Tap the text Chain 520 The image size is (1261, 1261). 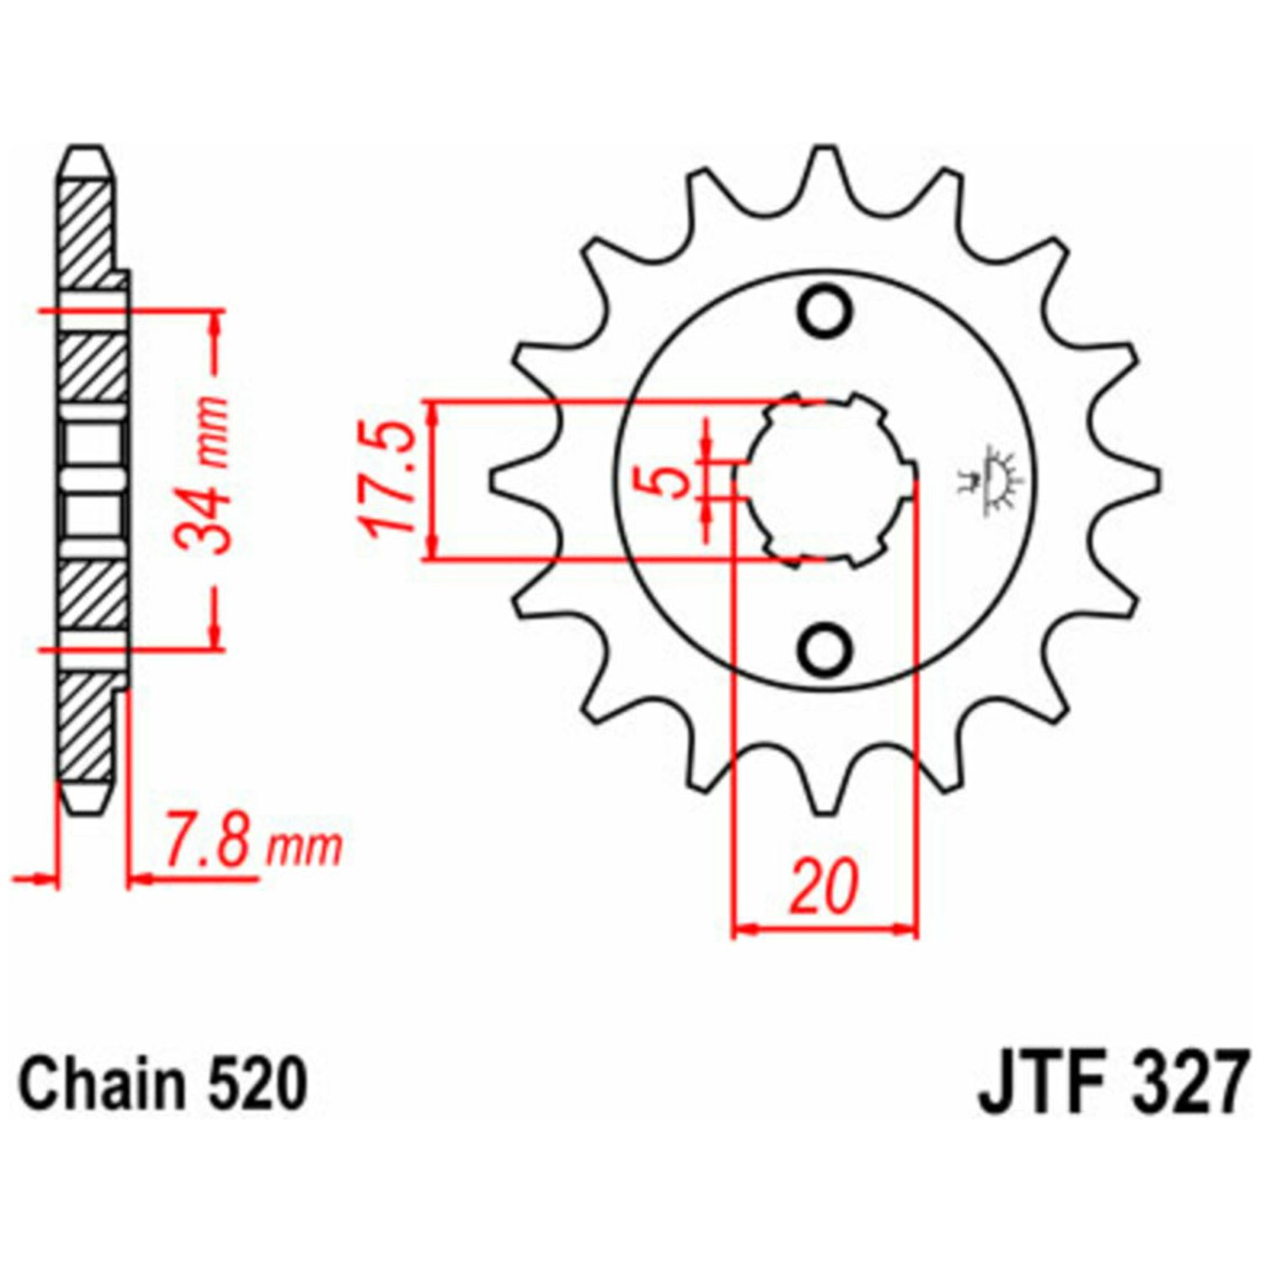click(x=163, y=1085)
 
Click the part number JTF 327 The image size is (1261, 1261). click(x=1109, y=1085)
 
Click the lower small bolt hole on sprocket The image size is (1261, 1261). click(x=825, y=650)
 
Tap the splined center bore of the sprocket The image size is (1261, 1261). click(x=825, y=480)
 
